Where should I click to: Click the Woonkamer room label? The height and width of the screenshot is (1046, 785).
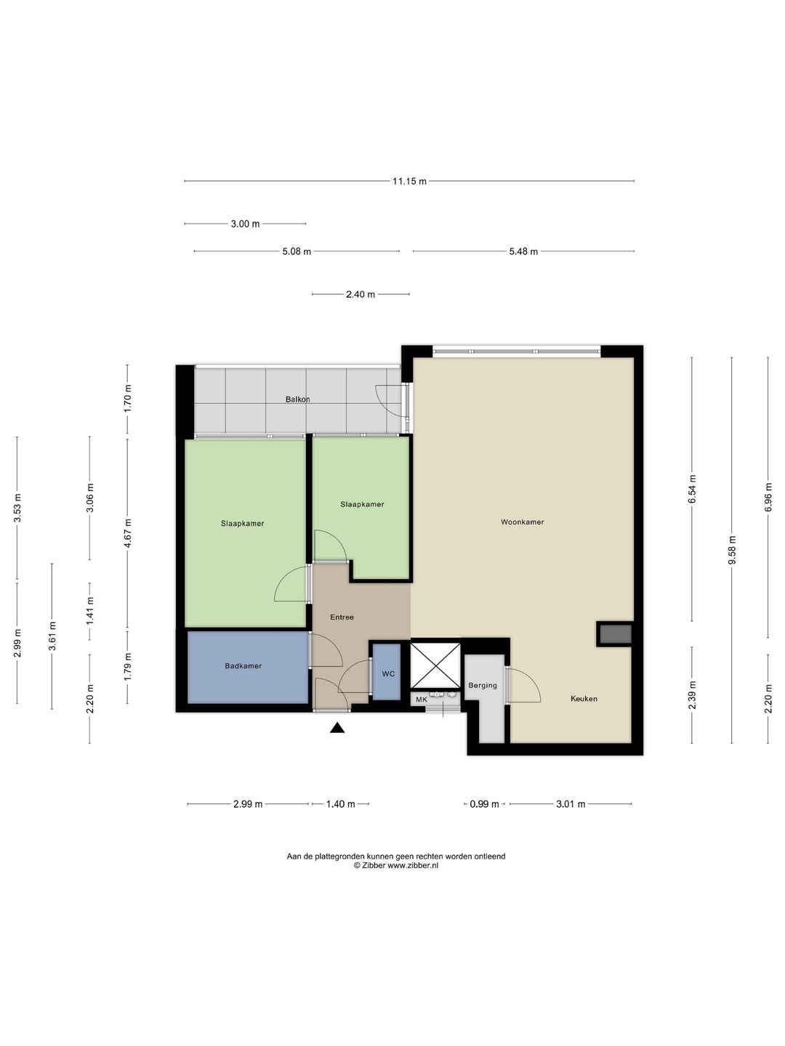click(522, 522)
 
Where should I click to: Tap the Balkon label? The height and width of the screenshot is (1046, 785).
click(297, 400)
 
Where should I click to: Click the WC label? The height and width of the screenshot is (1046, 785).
click(388, 674)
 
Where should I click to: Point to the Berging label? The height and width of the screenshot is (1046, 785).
click(483, 685)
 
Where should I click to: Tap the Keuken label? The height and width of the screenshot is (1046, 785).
click(584, 699)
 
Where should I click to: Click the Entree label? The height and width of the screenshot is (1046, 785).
click(342, 617)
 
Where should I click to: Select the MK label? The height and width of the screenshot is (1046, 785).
click(422, 700)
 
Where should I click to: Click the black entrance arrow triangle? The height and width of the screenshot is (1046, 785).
click(337, 727)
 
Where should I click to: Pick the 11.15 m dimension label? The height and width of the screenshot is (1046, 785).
click(409, 181)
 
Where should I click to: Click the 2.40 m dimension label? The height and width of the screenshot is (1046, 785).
click(361, 294)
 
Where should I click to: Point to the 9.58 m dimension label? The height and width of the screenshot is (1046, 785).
click(732, 551)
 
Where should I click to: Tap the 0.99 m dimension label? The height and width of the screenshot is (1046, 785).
click(484, 804)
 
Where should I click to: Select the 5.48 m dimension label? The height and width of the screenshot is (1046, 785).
click(523, 251)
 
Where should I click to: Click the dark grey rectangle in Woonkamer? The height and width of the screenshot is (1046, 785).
click(616, 634)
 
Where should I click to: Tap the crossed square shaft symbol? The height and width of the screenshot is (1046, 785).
click(435, 665)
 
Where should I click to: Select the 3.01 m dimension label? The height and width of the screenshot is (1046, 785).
click(571, 804)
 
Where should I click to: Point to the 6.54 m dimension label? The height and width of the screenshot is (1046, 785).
click(692, 489)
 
